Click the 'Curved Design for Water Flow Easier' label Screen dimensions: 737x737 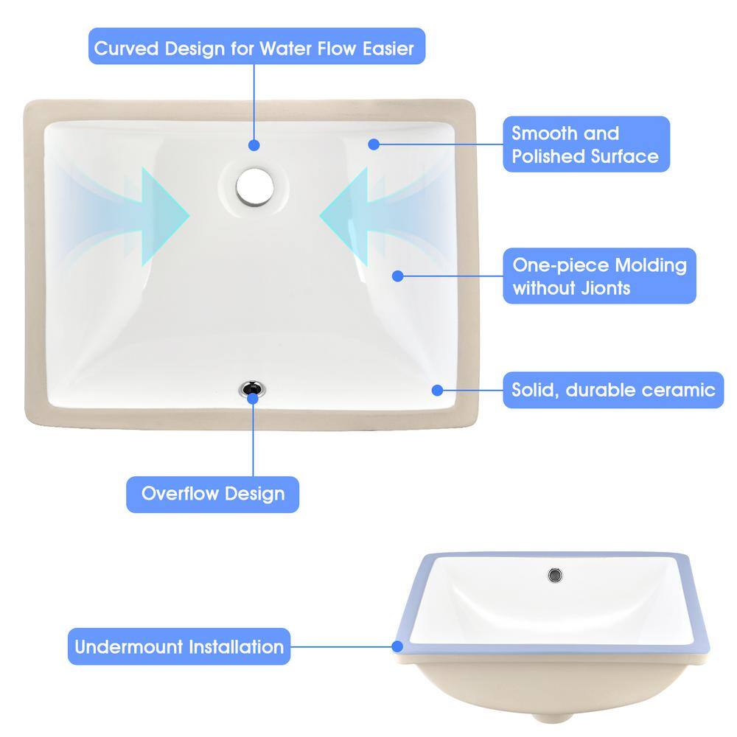(256, 46)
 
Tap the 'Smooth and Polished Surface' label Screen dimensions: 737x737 (586, 144)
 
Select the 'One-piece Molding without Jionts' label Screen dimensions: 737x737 (599, 276)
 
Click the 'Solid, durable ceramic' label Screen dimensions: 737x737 (613, 390)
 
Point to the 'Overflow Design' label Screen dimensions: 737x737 (212, 494)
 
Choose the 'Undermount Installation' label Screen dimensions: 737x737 (179, 646)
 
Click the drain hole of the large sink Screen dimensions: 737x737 (255, 187)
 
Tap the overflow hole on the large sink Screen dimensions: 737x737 (252, 388)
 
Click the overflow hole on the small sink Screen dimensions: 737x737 (555, 575)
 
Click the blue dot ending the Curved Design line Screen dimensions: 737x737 (254, 145)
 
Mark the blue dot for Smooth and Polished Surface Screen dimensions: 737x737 (374, 144)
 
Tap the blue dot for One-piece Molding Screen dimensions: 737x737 (398, 276)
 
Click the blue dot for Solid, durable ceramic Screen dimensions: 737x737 (437, 390)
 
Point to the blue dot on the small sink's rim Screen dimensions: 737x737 (397, 647)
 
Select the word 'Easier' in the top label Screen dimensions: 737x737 (388, 48)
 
